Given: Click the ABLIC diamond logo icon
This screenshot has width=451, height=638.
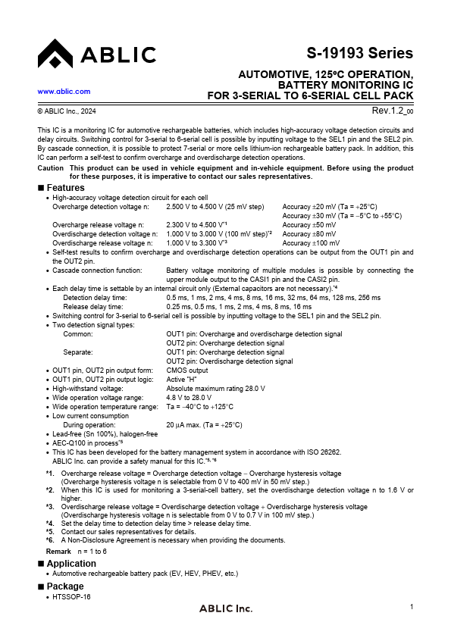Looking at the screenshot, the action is (x=54, y=54).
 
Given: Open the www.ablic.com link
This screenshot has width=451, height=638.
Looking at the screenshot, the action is (x=64, y=91).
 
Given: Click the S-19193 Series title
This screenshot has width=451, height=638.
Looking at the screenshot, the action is (x=360, y=53).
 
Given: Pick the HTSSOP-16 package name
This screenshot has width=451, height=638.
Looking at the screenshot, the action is (x=72, y=597).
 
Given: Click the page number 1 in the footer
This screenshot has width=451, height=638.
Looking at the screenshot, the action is (x=411, y=607).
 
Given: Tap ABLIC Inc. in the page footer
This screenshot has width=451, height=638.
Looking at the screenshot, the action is (x=225, y=608).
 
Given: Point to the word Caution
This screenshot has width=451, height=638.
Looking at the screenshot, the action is (x=50, y=167).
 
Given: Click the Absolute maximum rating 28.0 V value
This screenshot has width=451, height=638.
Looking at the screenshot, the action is (x=215, y=388).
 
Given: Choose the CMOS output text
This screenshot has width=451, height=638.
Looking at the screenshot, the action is (x=187, y=371).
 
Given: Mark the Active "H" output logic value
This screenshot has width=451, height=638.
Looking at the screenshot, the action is (x=182, y=379).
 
